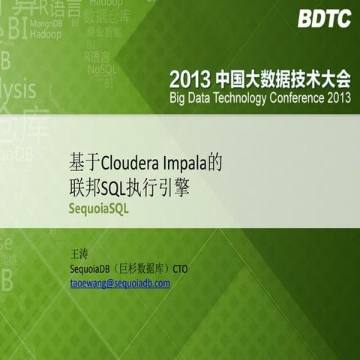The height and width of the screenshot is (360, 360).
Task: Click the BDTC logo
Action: pos(324,19)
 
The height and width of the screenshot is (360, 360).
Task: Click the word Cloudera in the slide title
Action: pos(127,163)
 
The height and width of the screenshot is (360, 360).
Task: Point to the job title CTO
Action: pos(181,269)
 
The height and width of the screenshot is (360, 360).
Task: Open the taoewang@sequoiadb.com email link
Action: pos(120,283)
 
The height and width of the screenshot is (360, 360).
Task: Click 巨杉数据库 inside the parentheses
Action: pos(142,269)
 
